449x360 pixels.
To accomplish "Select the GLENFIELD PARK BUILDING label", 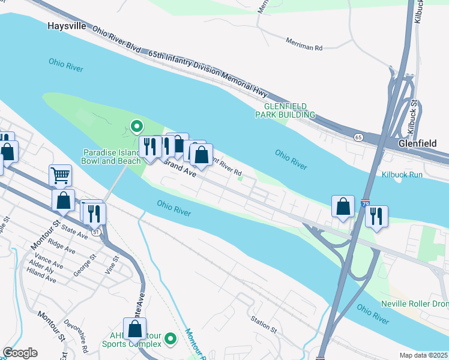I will point(285,110).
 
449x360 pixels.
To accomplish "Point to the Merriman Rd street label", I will point(304,47).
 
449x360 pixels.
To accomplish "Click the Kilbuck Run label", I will point(402,175).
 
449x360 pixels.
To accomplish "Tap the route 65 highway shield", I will point(358,137).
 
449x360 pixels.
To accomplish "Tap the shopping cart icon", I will point(60,175).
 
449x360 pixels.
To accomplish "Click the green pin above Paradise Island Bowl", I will point(136,127).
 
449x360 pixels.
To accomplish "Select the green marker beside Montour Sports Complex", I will point(170,340).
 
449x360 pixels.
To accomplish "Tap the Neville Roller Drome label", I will point(415,304).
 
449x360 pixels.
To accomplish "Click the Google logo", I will point(20,353).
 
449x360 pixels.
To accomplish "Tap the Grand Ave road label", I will point(181,169).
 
